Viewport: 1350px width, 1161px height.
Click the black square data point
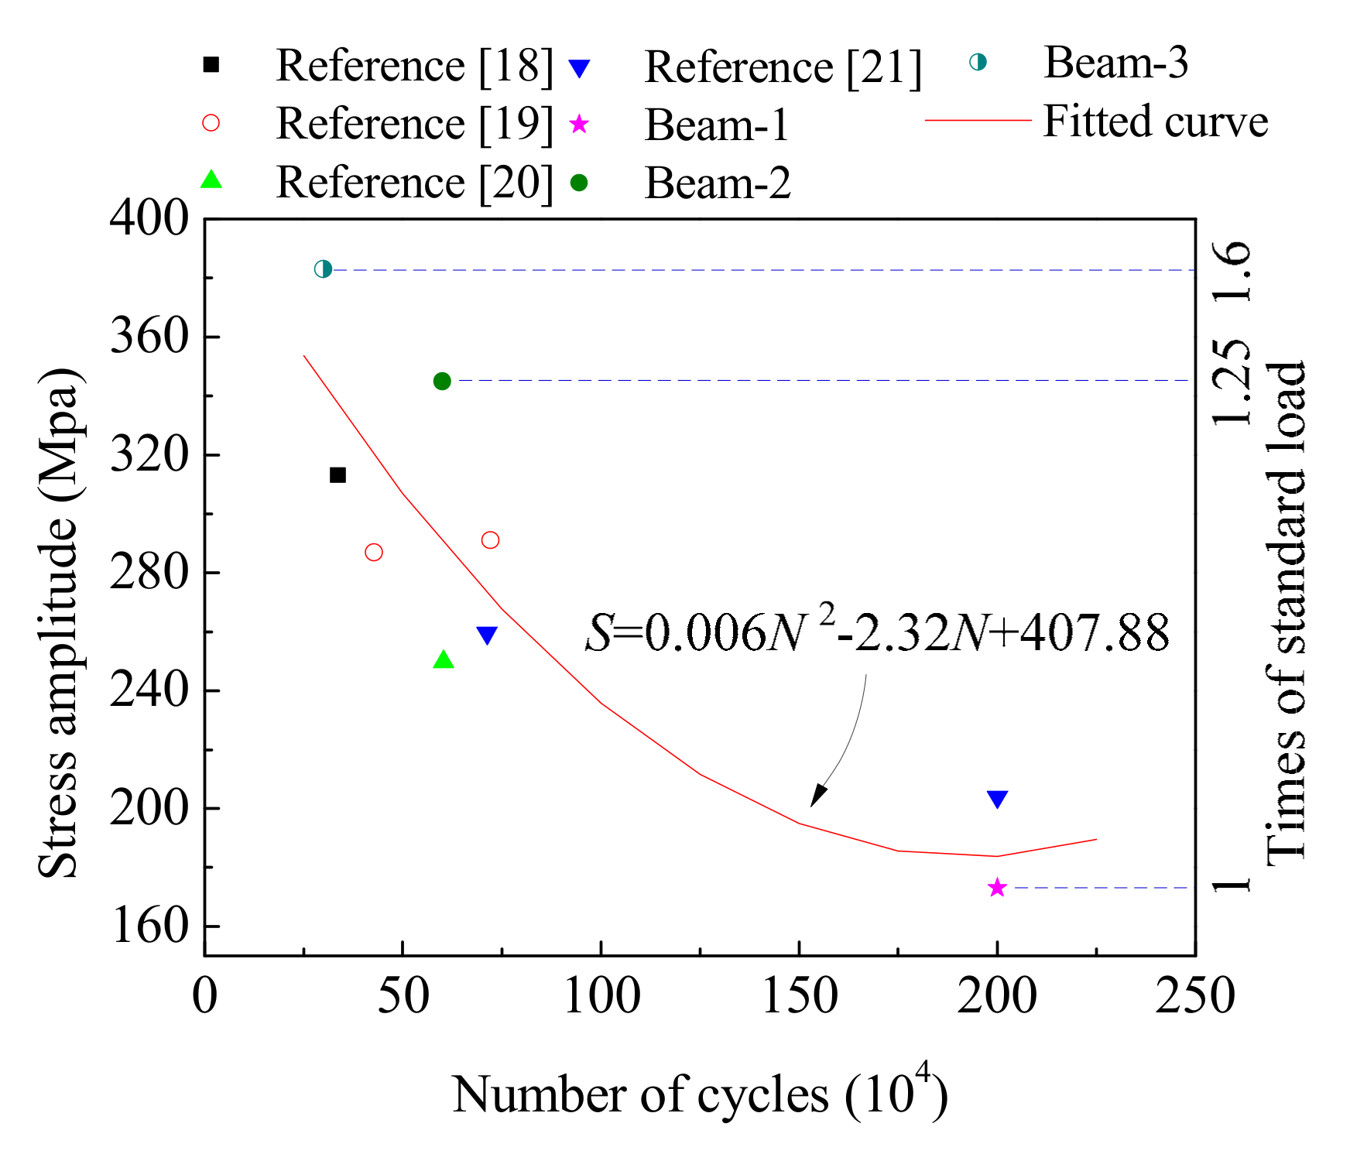[x=337, y=474]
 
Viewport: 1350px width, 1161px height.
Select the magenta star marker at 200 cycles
[x=997, y=888]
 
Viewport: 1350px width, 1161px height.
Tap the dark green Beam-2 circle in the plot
[x=442, y=381]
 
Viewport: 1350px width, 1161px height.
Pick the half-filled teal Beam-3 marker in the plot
[x=324, y=269]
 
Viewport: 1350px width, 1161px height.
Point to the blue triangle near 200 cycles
[x=997, y=799]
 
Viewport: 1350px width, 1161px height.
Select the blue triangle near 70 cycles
[x=487, y=635]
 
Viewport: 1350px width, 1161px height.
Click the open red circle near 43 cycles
[x=374, y=552]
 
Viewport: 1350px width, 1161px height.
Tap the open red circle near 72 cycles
[x=490, y=540]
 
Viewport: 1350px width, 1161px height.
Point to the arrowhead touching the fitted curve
[x=817, y=797]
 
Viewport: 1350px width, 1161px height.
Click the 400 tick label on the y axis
[x=149, y=218]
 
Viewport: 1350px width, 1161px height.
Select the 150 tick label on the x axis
[x=800, y=995]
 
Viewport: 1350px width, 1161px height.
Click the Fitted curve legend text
[x=1155, y=122]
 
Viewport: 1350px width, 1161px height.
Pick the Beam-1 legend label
[x=717, y=125]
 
